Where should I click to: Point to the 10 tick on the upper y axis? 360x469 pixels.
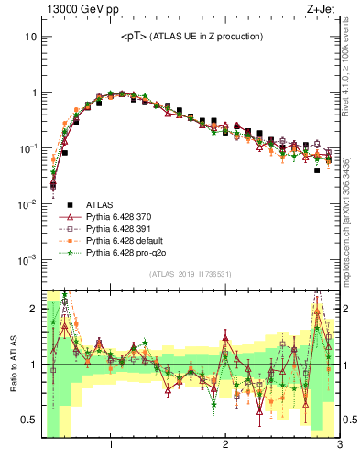30,38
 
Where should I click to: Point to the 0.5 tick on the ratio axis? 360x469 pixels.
27,420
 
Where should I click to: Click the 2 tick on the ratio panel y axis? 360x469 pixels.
32,309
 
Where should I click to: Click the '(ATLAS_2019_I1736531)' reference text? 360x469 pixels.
190,274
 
